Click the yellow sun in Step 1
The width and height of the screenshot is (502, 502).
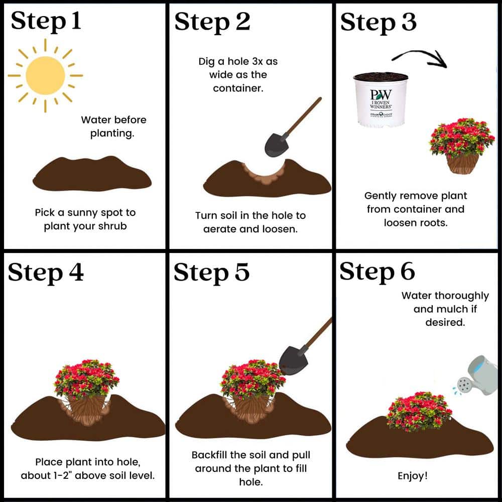tap(45, 76)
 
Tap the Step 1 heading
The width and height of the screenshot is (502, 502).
tap(46, 21)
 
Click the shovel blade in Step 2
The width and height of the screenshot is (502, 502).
tap(277, 145)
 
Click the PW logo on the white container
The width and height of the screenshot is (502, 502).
tap(381, 94)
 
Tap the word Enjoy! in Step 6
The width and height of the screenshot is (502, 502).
tap(412, 476)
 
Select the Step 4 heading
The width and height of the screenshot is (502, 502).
tap(46, 273)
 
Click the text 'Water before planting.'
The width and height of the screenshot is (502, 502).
tap(113, 127)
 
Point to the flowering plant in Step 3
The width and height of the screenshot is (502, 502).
tap(461, 146)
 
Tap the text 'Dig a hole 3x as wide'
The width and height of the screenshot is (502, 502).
tap(238, 68)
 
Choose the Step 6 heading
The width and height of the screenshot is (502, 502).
tap(378, 272)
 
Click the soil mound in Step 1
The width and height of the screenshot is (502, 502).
tap(92, 174)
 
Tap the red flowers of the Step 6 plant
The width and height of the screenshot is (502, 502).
tap(419, 411)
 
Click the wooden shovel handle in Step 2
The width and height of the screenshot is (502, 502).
tap(303, 116)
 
